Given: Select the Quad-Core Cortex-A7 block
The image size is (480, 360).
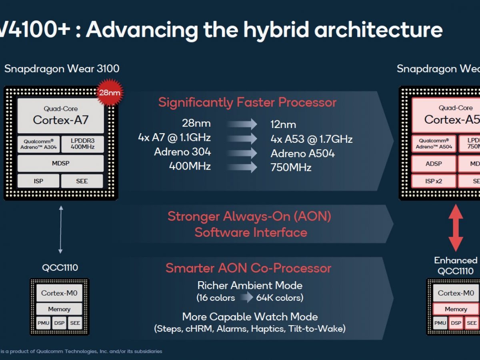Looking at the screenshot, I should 61,115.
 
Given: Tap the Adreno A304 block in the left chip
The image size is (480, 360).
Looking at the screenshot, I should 39,144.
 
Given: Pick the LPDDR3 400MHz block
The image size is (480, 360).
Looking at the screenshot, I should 82,144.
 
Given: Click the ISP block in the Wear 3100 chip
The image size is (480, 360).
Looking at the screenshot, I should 38,181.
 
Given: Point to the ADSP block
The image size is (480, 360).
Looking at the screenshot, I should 434,164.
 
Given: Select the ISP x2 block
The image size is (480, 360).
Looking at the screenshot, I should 434,181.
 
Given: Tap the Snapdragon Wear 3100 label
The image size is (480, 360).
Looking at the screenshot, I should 62,69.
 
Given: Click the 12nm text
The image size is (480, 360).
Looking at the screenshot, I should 283,124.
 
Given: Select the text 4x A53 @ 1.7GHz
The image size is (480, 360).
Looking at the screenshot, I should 312,139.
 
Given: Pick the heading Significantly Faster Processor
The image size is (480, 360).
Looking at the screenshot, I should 247,102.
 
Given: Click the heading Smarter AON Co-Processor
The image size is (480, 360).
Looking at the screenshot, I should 248,268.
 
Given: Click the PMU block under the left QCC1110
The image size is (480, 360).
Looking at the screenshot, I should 43,323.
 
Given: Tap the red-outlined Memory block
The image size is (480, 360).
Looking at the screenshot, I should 456,309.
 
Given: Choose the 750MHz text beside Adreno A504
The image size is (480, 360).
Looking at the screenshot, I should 291,168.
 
